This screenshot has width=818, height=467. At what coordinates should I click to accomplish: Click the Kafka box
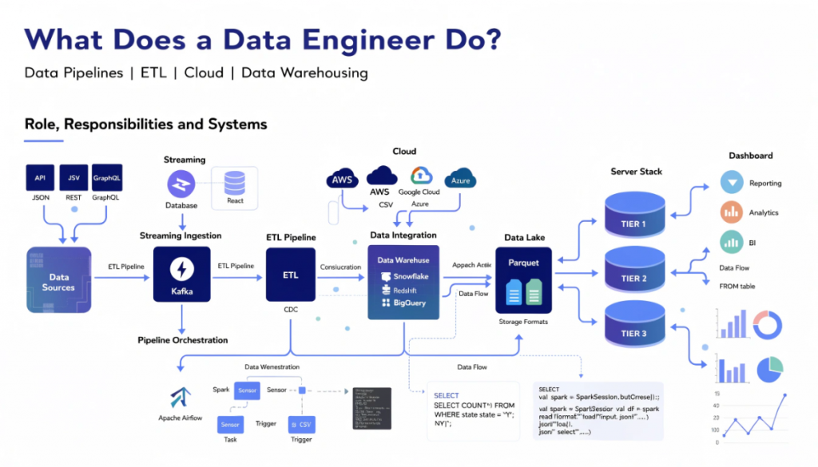(181, 275)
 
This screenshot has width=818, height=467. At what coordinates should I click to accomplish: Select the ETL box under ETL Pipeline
(291, 275)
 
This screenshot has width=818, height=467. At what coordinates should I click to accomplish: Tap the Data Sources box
(58, 280)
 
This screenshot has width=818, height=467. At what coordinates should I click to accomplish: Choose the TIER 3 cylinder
(633, 331)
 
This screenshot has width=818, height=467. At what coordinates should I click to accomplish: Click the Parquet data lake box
(524, 279)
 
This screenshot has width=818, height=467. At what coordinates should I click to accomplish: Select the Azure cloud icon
(460, 179)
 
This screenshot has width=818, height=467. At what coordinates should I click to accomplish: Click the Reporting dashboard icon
(731, 183)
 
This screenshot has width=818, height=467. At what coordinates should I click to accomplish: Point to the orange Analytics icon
(731, 212)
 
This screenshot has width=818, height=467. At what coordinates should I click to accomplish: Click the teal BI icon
(731, 241)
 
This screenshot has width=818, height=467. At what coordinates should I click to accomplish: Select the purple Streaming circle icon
(181, 184)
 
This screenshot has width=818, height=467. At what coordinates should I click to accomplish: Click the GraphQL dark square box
(106, 177)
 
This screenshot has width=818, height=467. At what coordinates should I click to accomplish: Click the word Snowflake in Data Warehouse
(410, 275)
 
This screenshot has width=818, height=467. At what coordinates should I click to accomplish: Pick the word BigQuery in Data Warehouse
(410, 303)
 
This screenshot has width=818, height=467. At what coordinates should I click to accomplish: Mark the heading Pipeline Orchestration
(182, 340)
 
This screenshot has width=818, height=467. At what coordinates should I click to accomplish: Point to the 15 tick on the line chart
(717, 393)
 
